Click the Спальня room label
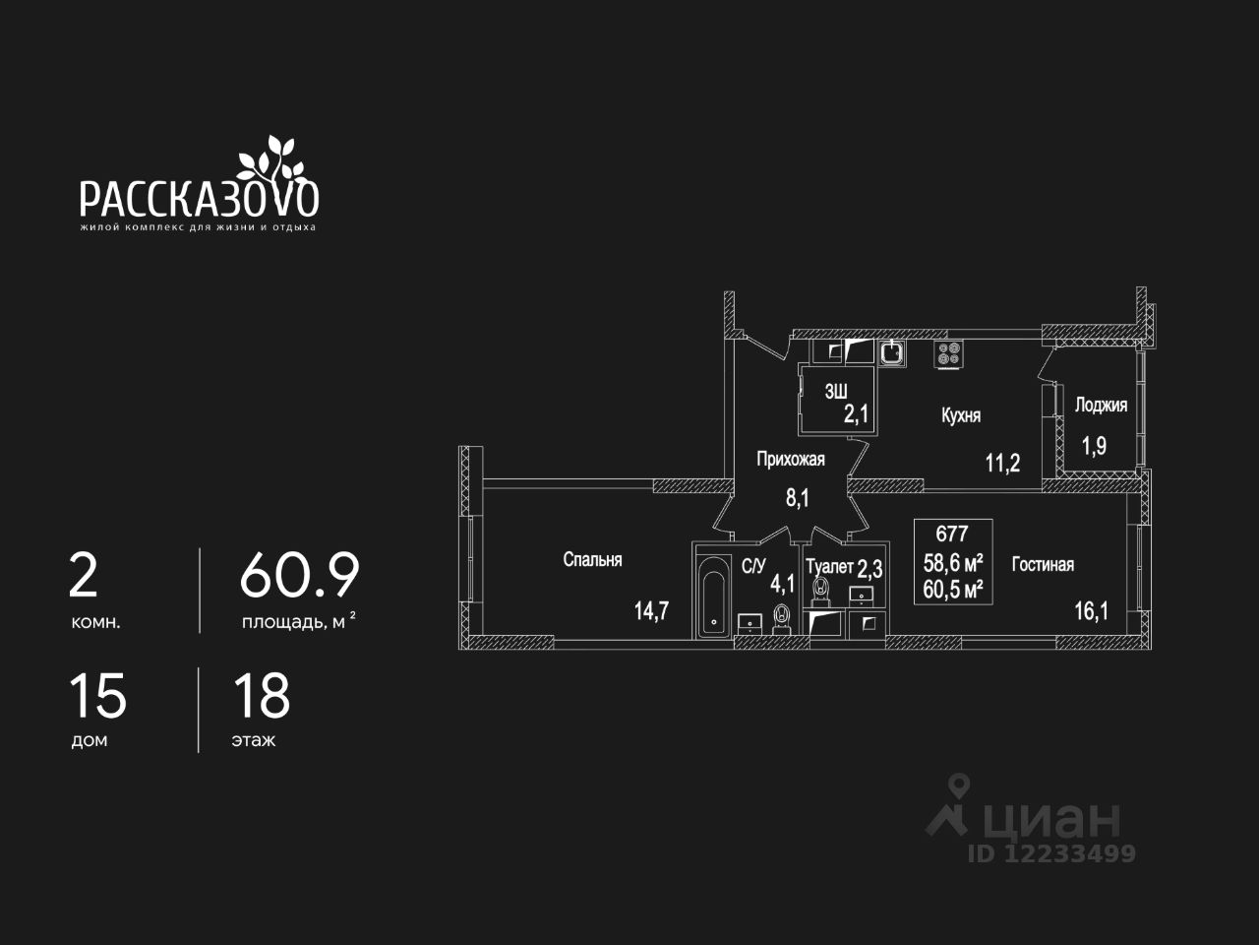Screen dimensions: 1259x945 point(592,560)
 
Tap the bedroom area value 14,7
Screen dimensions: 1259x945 point(651,610)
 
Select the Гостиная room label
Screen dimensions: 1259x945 point(1043,565)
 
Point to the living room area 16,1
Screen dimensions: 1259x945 point(1090,610)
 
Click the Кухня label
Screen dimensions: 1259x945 point(961,416)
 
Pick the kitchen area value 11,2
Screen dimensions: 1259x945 point(1002,464)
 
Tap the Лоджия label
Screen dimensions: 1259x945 point(1101,405)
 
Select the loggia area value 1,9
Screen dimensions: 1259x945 point(1094,446)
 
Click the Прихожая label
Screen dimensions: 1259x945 point(790,459)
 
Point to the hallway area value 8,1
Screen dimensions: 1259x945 point(797,498)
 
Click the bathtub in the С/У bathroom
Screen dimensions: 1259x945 point(713,596)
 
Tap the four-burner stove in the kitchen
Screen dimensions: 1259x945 point(949,354)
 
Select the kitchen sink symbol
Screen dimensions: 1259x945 point(891,352)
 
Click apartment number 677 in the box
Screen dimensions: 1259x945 point(952,535)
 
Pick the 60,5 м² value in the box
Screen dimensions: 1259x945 point(953,589)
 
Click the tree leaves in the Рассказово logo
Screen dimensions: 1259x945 point(270,157)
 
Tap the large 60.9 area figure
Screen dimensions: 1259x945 point(300,576)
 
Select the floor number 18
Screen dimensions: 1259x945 point(262,695)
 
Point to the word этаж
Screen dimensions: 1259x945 point(254,740)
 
